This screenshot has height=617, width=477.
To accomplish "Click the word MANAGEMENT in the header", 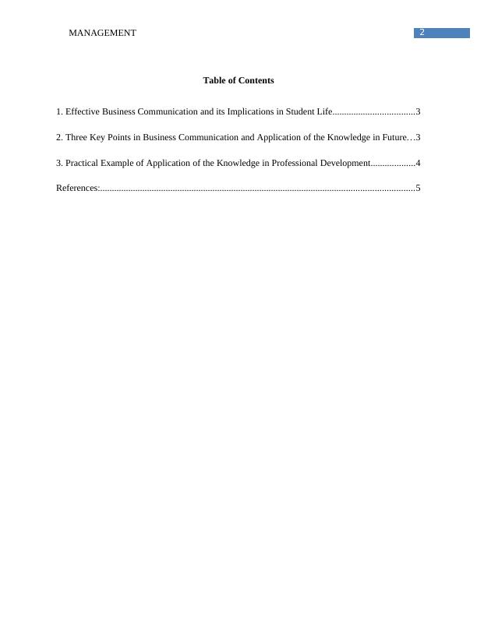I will click(102, 33).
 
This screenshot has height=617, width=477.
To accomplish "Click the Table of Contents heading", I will click(238, 80).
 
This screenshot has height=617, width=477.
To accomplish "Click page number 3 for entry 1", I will click(419, 112).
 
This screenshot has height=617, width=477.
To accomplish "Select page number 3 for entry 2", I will click(419, 137).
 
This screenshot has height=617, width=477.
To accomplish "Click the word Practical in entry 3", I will click(83, 163).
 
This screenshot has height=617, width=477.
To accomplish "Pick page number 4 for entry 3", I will click(419, 163).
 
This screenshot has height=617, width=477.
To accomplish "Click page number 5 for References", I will click(419, 188).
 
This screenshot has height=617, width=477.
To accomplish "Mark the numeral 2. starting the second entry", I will click(60, 137).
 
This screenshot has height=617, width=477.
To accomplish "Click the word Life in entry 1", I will click(325, 112).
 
